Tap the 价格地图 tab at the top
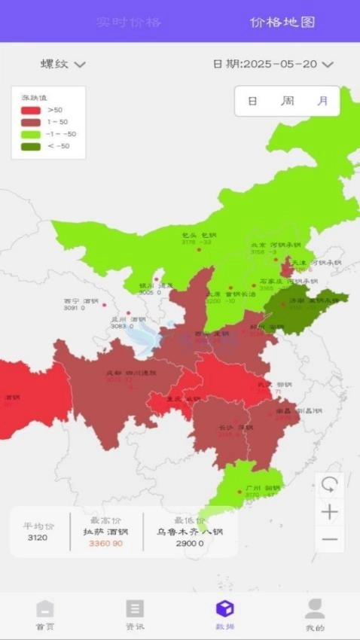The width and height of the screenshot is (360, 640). tap(282, 22)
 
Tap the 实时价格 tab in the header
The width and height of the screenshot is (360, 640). tap(129, 22)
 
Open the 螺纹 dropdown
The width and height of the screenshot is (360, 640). tap(63, 64)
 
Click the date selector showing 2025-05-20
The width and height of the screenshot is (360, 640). tap(273, 64)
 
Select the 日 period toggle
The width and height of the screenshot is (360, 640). tap(252, 101)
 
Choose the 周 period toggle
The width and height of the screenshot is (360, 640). tap(287, 101)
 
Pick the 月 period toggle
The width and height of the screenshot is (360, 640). tap(322, 101)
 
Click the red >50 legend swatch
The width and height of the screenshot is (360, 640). tap(31, 110)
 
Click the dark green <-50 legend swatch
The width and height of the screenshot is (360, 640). tap(31, 146)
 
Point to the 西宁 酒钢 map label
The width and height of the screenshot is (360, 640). tap(81, 300)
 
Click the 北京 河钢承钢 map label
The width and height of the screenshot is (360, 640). tap(276, 245)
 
